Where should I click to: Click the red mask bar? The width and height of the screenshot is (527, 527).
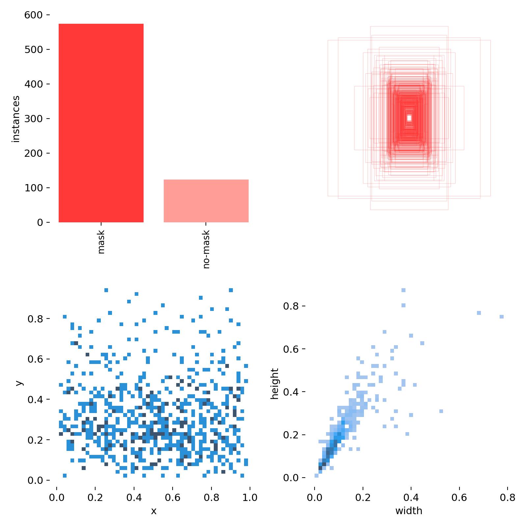pyautogui.click(x=101, y=123)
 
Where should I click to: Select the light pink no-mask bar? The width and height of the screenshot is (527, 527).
pyautogui.click(x=206, y=201)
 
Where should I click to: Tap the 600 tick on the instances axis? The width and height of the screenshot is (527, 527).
pyautogui.click(x=34, y=15)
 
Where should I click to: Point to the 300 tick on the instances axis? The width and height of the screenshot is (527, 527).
pyautogui.click(x=34, y=119)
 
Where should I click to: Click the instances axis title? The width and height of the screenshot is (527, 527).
pyautogui.click(x=16, y=119)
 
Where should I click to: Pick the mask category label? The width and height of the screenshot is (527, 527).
pyautogui.click(x=101, y=242)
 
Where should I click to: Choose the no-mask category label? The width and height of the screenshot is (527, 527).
pyautogui.click(x=206, y=249)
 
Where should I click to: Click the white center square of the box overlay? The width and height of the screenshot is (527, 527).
pyautogui.click(x=409, y=118)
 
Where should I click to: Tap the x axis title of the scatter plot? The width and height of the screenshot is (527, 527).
pyautogui.click(x=153, y=511)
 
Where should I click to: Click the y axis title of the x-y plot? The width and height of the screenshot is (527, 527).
pyautogui.click(x=19, y=383)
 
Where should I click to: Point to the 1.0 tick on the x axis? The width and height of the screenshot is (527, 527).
pyautogui.click(x=250, y=497)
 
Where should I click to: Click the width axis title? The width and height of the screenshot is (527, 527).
pyautogui.click(x=408, y=511)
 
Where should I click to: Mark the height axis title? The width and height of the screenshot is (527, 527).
pyautogui.click(x=274, y=384)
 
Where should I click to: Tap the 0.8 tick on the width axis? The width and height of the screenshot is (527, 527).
pyautogui.click(x=507, y=497)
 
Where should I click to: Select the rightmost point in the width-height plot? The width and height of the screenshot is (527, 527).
pyautogui.click(x=501, y=317)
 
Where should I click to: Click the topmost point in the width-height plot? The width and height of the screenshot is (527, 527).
pyautogui.click(x=403, y=290)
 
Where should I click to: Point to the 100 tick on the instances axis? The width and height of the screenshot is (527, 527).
pyautogui.click(x=34, y=188)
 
